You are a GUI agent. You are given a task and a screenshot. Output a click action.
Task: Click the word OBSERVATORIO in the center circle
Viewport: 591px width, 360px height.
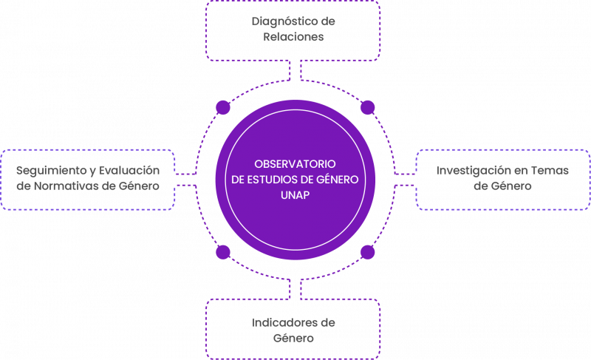click(x=295, y=163)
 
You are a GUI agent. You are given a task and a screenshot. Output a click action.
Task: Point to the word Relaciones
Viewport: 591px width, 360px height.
click(x=293, y=36)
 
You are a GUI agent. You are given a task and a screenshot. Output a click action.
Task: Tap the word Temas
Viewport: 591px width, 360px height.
click(x=550, y=171)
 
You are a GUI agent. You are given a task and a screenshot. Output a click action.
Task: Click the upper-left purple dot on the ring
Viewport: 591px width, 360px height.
click(x=222, y=108)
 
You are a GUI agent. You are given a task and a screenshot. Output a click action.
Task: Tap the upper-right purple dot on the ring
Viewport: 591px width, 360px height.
click(x=367, y=108)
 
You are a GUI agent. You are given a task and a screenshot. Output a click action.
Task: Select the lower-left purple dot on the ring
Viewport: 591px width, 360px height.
click(x=222, y=253)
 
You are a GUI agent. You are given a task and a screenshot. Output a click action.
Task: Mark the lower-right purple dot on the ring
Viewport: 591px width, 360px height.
click(x=367, y=253)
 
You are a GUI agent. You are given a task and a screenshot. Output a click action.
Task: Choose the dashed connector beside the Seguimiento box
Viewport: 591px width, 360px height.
click(x=185, y=180)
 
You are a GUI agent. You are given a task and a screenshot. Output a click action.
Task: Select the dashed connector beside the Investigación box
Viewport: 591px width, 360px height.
click(x=405, y=180)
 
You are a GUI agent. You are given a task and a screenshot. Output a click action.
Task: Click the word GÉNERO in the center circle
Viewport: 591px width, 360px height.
click(x=335, y=180)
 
